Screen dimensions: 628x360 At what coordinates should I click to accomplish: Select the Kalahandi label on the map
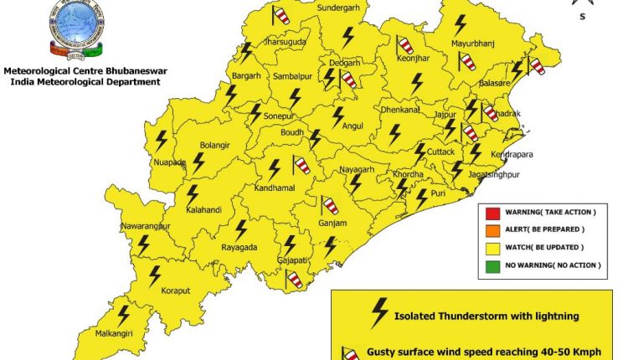(203, 209)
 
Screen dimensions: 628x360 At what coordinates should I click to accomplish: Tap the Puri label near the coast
(438, 194)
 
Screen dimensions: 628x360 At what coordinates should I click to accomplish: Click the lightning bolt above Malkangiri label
(124, 314)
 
